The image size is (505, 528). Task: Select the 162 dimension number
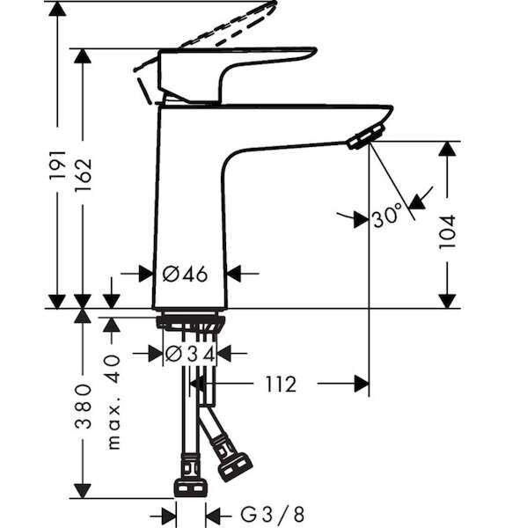[84, 174]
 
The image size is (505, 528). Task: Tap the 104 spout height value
[447, 231]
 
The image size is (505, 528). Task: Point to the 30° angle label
[388, 215]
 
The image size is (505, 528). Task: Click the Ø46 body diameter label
[185, 274]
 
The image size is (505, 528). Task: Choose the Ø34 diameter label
[190, 354]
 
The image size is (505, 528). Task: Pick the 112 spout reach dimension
[281, 384]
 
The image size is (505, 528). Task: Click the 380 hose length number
[84, 406]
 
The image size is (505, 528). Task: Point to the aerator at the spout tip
[366, 136]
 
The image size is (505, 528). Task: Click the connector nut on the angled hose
[236, 467]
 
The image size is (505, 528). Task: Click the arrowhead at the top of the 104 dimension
[447, 149]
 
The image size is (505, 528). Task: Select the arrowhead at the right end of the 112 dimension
[362, 384]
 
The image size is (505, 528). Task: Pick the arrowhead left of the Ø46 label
[146, 274]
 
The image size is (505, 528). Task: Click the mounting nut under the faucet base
[190, 321]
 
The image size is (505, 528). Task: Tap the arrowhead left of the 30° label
[362, 219]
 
